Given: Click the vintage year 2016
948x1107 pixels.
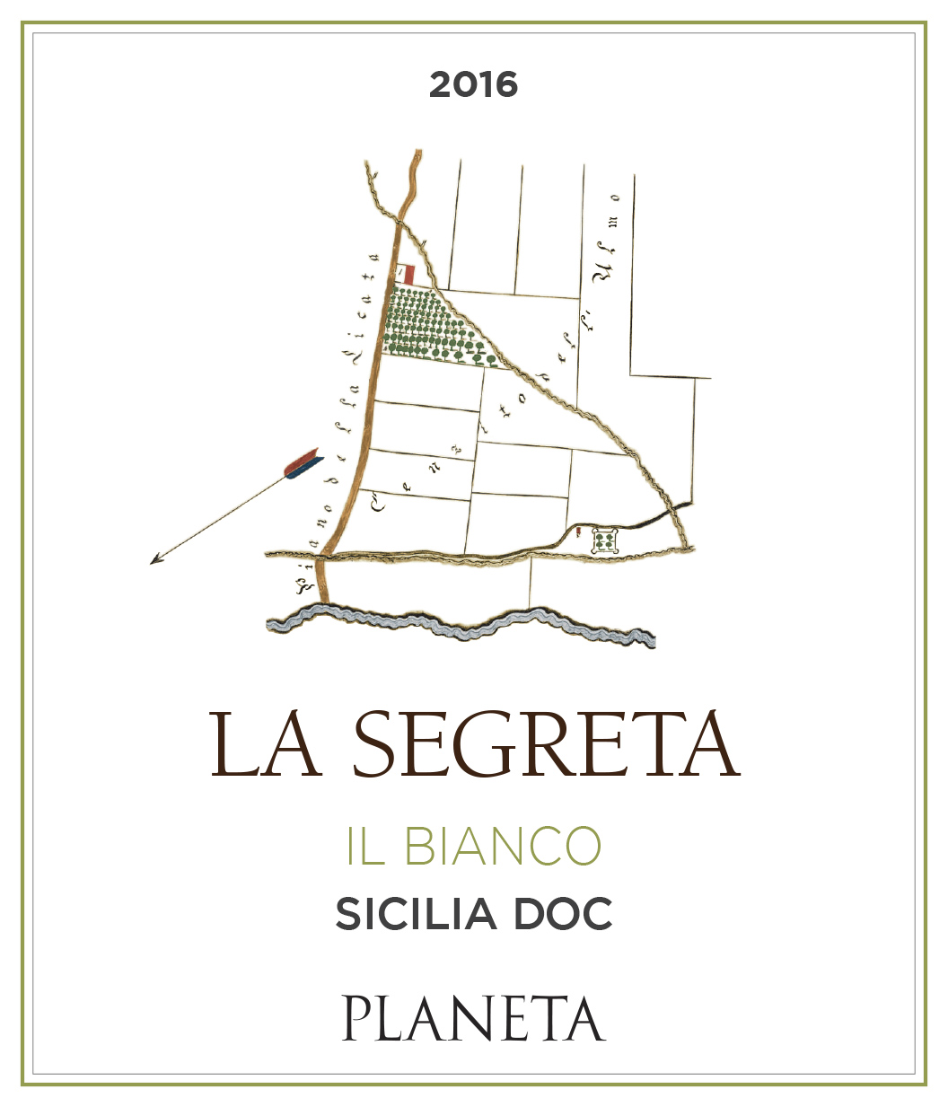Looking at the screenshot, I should tap(473, 85).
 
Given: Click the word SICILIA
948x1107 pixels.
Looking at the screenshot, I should tap(416, 915).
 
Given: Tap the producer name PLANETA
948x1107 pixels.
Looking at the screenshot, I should tap(473, 1019).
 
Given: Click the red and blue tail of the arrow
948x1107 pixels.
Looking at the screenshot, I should tap(302, 465).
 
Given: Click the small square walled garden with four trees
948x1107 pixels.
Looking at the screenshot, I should tap(607, 540).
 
